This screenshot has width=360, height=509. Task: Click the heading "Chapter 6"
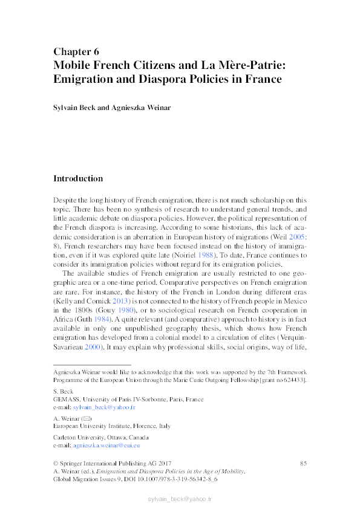click(76, 51)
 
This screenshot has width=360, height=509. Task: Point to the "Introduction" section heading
click(78, 178)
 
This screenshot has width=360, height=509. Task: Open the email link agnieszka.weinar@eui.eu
click(106, 445)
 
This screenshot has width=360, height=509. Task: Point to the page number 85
click(303, 462)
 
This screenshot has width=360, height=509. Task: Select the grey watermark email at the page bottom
click(180, 499)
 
